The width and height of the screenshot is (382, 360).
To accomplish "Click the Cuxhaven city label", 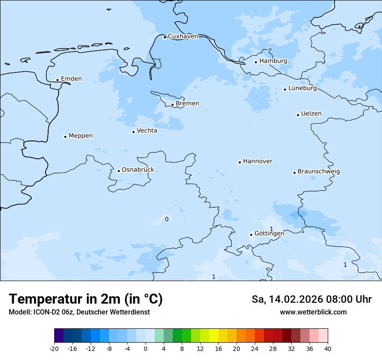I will coord(183,36).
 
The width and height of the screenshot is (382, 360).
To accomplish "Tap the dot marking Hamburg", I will coord(256,62).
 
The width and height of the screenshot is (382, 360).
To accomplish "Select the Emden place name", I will coord(71,79).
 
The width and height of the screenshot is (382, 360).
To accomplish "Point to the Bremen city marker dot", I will coord(172,105).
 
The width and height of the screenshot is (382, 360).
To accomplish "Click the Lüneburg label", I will coord(302,88).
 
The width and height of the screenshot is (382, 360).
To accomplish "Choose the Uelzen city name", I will coord(311,114).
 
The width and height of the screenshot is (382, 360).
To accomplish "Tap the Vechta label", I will coord(147,131).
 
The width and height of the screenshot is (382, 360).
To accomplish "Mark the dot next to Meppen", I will coord(65,137).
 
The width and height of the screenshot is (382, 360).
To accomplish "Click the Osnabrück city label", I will coord(138,170).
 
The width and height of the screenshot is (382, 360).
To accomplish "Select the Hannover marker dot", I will coord(240,162).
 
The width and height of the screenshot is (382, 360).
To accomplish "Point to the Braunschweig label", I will coord(319,172).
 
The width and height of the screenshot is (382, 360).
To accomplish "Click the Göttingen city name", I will coord(269,233).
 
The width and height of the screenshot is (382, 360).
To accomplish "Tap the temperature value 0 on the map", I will coord(167,219).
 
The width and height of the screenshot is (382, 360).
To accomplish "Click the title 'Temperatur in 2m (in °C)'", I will coord(86,299).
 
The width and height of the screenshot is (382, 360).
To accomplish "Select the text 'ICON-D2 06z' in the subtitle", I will coord(52,312).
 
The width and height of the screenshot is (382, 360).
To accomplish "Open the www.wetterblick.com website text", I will coord(313,312).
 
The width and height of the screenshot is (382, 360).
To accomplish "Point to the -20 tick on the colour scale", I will coord(54,349).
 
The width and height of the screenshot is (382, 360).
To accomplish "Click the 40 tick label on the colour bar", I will coord(328,349).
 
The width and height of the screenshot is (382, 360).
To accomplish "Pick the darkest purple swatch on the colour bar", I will coord(59,336).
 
